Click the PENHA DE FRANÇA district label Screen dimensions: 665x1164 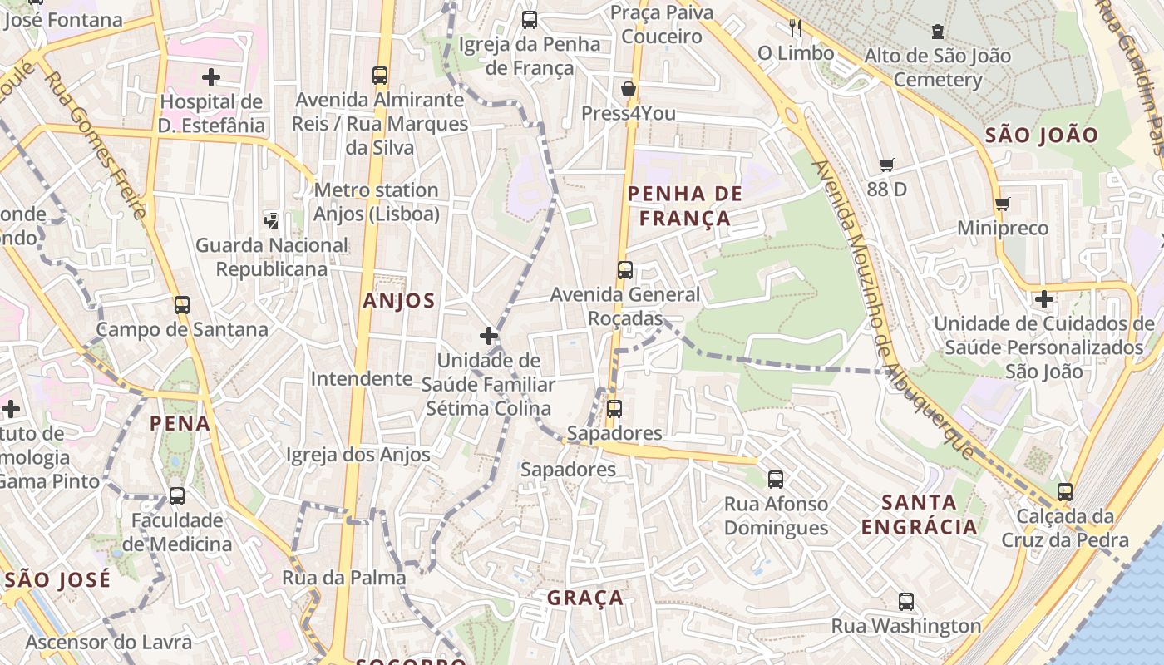click(x=678, y=206)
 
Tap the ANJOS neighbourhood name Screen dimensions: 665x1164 click(x=398, y=301)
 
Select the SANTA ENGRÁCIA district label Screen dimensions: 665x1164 click(x=919, y=515)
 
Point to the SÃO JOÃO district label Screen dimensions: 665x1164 click(x=1041, y=135)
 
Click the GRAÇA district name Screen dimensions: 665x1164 click(x=584, y=598)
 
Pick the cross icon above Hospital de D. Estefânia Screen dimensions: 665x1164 click(x=211, y=77)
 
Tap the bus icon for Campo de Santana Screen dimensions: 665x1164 click(x=182, y=304)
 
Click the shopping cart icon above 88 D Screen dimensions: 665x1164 click(x=887, y=165)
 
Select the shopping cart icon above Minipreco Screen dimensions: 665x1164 click(x=1002, y=204)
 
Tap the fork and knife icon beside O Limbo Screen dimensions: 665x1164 click(x=796, y=28)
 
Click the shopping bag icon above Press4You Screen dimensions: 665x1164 click(x=629, y=89)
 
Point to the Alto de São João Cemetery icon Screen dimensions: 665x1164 click(x=938, y=32)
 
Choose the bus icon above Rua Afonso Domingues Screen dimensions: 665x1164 click(x=776, y=479)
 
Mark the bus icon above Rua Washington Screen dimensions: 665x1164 click(x=906, y=601)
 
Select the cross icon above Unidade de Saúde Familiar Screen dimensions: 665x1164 click(x=489, y=336)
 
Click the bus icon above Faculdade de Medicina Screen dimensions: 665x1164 click(x=177, y=496)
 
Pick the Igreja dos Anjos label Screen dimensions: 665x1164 click(x=358, y=455)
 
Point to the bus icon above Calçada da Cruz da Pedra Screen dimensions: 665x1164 click(x=1065, y=491)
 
